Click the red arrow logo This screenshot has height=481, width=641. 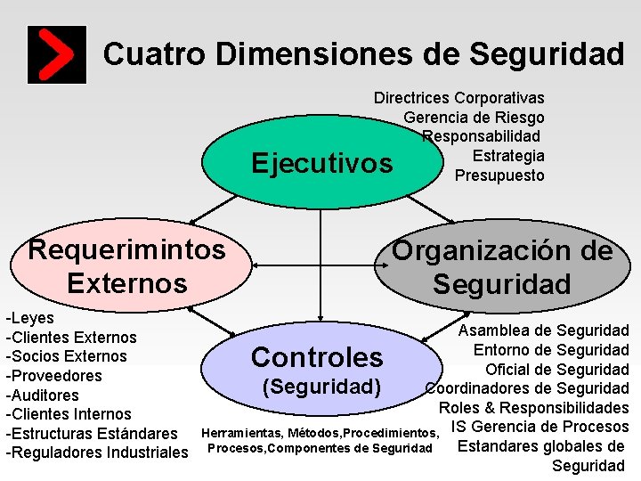click(57, 54)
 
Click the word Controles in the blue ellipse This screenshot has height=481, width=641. click(316, 357)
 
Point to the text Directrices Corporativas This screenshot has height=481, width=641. click(458, 98)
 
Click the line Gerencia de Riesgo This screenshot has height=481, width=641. click(474, 118)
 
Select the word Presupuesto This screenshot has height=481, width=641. click(499, 175)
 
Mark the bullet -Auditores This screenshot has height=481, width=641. click(42, 395)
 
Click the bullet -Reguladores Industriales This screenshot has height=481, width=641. click(96, 452)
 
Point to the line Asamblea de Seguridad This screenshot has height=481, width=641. click(543, 330)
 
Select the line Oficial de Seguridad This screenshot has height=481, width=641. click(556, 370)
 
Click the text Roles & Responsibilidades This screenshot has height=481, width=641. click(533, 408)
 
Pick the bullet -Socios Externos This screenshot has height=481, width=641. click(66, 356)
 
